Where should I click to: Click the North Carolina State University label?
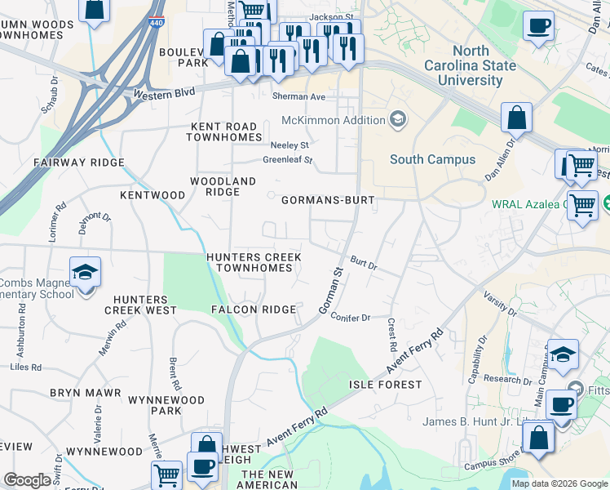(x=470, y=65)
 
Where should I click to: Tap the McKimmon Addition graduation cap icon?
(x=397, y=120)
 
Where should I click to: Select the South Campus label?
(x=432, y=159)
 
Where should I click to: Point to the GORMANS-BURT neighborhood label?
(x=328, y=200)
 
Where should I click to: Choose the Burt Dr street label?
(x=363, y=265)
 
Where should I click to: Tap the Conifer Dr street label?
(x=351, y=318)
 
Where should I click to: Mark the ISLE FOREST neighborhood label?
(x=386, y=384)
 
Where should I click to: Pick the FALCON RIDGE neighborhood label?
(x=254, y=310)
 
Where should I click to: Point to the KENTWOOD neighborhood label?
(x=152, y=195)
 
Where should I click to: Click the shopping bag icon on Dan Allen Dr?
(x=517, y=118)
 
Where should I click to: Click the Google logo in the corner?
(x=28, y=480)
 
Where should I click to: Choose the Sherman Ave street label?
(x=299, y=96)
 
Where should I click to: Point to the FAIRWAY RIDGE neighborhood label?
(x=78, y=163)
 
